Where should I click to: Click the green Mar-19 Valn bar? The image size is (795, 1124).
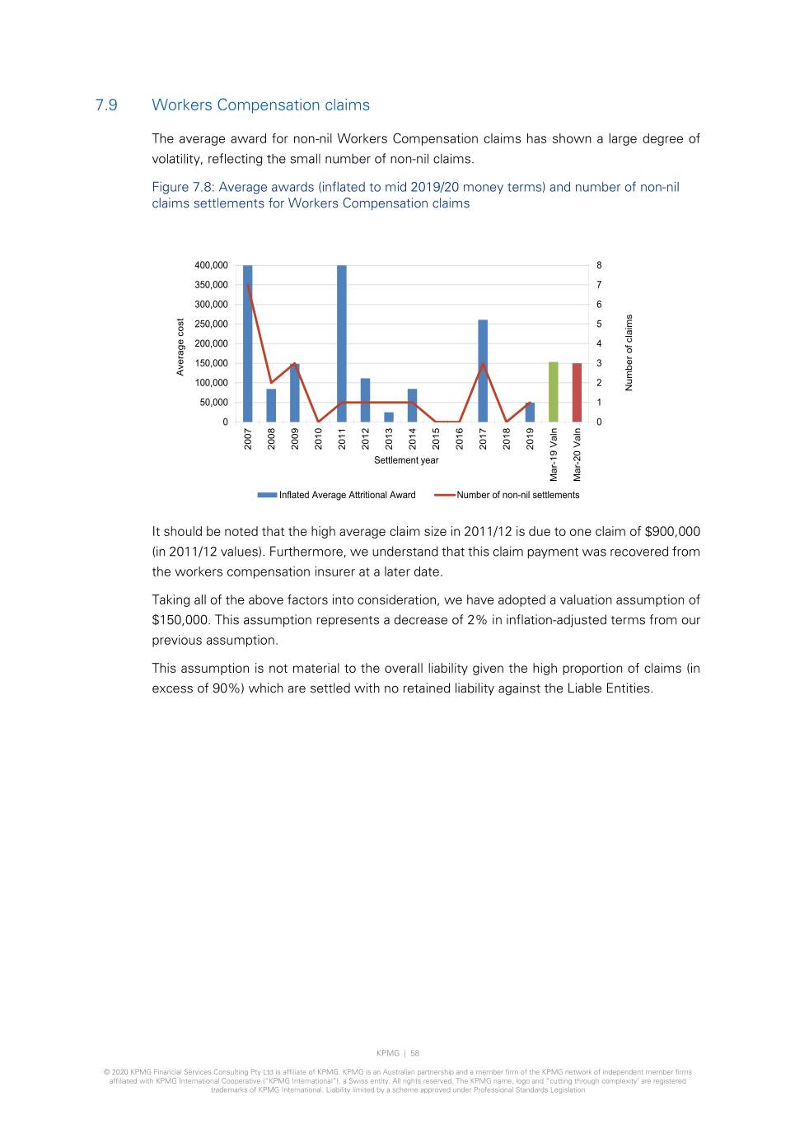pyautogui.click(x=554, y=392)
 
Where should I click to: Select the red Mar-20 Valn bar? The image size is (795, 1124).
pyautogui.click(x=577, y=393)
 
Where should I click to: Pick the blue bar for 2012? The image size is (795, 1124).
pyautogui.click(x=365, y=400)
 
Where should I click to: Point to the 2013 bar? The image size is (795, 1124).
pyautogui.click(x=389, y=417)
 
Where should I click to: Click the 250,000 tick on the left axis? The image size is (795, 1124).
pyautogui.click(x=211, y=324)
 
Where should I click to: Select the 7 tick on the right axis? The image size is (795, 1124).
pyautogui.click(x=599, y=285)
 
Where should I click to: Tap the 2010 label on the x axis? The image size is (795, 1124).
pyautogui.click(x=319, y=438)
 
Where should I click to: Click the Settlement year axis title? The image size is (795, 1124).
pyautogui.click(x=406, y=460)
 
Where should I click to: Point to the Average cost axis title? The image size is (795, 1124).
pyautogui.click(x=180, y=347)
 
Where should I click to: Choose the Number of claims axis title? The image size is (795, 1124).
pyautogui.click(x=629, y=352)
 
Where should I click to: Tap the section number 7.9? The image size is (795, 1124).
pyautogui.click(x=106, y=105)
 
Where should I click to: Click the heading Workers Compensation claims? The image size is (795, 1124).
pyautogui.click(x=260, y=105)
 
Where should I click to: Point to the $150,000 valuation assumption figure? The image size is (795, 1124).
pyautogui.click(x=180, y=620)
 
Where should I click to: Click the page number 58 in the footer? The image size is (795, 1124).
pyautogui.click(x=415, y=1053)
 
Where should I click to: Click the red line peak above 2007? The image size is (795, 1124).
pyautogui.click(x=248, y=285)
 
